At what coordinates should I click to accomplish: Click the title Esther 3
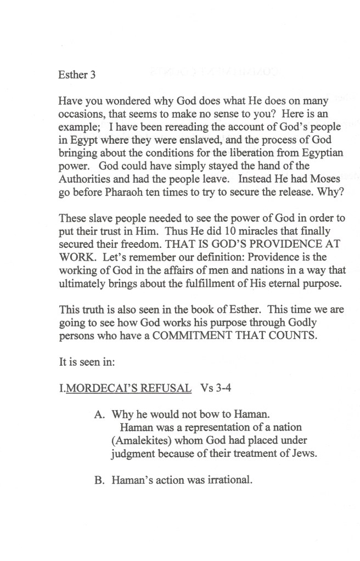click(77, 76)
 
